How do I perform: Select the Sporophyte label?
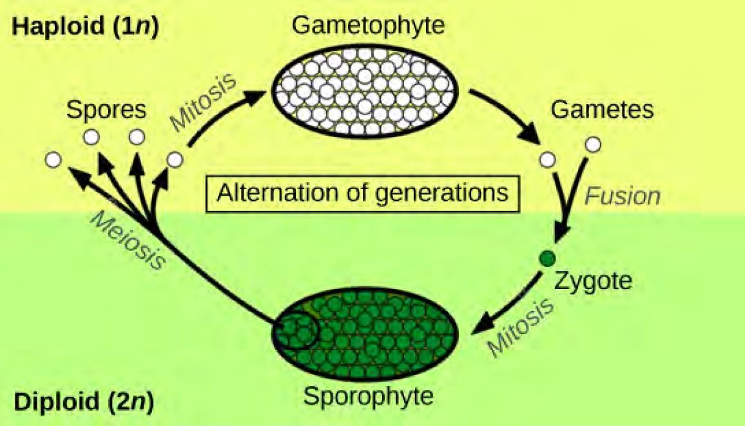click(368, 395)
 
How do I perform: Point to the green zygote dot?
click(547, 259)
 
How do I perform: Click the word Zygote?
click(594, 281)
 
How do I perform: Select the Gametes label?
click(602, 109)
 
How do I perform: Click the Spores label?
click(107, 110)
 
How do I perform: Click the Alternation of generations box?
click(363, 192)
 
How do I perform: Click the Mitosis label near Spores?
click(203, 102)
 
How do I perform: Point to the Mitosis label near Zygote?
click(521, 328)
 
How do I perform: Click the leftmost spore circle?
click(54, 159)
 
